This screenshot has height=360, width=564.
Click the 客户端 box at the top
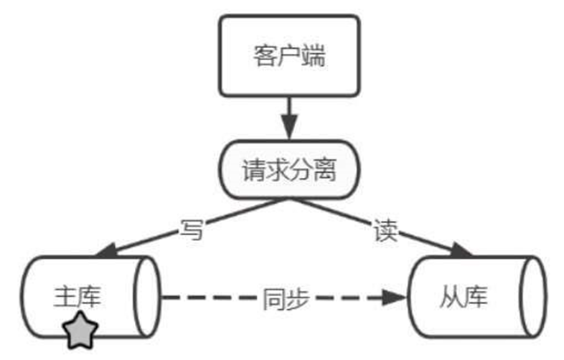tap(289, 55)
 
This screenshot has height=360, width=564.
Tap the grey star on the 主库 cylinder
tap(80, 329)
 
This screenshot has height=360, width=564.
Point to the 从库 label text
tap(463, 297)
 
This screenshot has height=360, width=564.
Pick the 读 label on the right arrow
tap(385, 230)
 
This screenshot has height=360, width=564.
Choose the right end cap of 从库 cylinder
tap(532, 296)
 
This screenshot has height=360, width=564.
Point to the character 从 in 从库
tap(451, 297)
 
